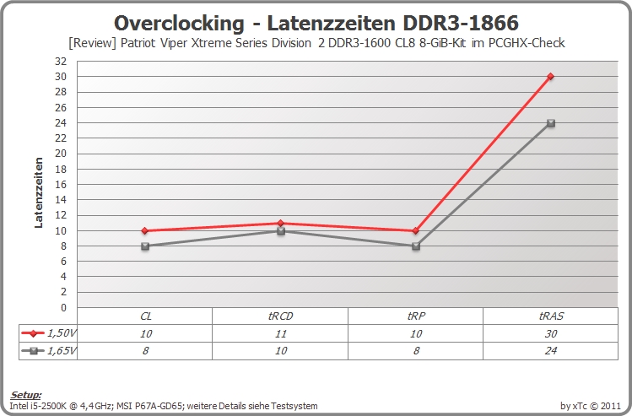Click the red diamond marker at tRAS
[551, 76]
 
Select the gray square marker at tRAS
[551, 123]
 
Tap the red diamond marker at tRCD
[280, 223]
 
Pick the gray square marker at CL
[145, 246]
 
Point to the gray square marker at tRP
[416, 246]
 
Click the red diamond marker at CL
[145, 230]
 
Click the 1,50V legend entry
[48, 333]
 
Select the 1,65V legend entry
[48, 351]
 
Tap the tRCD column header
[280, 316]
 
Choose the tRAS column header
[551, 316]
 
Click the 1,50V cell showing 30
[551, 333]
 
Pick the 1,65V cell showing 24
[551, 351]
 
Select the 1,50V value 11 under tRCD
[280, 333]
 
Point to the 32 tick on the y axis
[61, 62]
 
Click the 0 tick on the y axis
[63, 307]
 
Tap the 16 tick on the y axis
[61, 184]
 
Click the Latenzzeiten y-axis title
[39, 192]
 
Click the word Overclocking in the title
[180, 23]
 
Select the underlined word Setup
[26, 395]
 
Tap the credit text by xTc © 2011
[590, 406]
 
